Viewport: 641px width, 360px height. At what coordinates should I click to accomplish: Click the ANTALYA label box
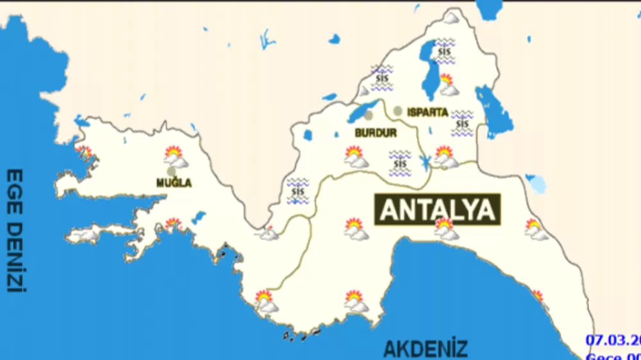coord(437,209)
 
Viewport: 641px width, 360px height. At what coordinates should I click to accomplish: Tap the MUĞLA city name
coord(174,183)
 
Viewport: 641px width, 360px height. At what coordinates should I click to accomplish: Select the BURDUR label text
coord(375,133)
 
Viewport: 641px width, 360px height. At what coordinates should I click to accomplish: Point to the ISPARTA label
coord(428,112)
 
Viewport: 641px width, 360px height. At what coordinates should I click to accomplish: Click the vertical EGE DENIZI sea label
coord(15,231)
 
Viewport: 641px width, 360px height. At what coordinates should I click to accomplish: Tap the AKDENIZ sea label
coord(425,349)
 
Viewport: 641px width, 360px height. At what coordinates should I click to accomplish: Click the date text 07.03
coord(612,340)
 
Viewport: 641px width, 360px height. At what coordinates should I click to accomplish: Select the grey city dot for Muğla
coord(171,171)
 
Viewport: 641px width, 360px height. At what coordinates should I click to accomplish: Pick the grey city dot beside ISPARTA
coord(398,111)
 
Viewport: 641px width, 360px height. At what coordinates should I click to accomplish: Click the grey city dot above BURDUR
coord(369,115)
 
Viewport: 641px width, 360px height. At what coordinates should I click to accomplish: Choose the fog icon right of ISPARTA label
coord(462,123)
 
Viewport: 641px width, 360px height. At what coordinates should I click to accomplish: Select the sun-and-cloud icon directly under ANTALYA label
coord(445,229)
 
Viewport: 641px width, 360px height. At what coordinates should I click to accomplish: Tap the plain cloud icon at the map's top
coord(451,18)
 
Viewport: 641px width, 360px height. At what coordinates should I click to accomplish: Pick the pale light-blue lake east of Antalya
coord(536,184)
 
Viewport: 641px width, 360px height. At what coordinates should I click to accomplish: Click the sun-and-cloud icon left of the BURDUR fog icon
coord(354,156)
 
